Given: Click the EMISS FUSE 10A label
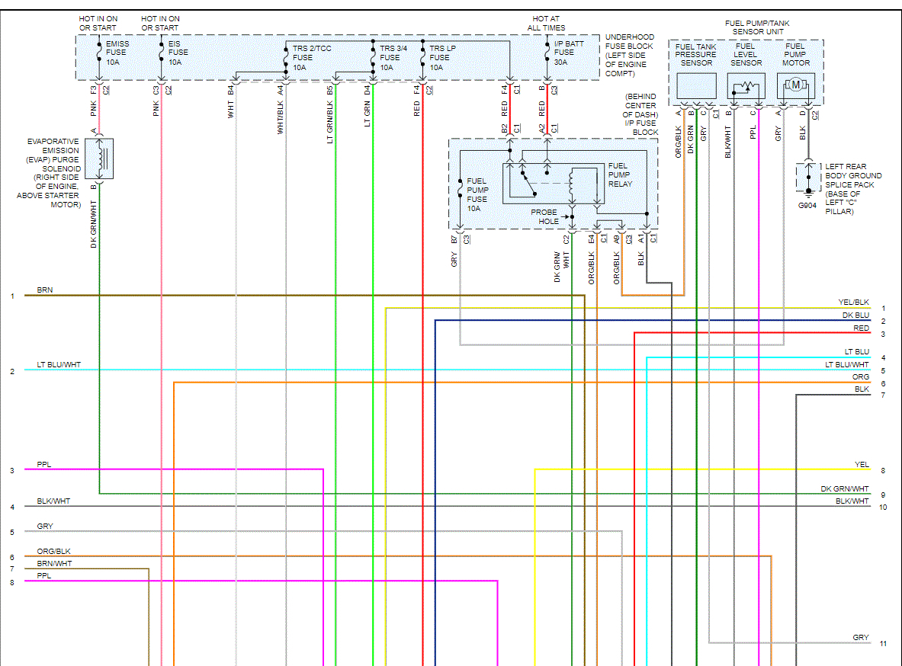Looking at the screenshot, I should tap(116, 53).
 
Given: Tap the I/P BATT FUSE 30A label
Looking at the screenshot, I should tap(570, 53).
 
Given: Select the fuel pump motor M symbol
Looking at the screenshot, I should tap(795, 85).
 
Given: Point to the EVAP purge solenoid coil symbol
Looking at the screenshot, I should tap(104, 159).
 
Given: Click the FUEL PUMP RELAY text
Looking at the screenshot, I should tap(619, 175).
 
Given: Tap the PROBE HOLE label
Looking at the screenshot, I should tap(544, 216).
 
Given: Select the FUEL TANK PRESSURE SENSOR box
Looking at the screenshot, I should tap(696, 86).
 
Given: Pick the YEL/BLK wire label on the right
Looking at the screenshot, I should tap(853, 303).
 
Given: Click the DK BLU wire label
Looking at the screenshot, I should tap(855, 315).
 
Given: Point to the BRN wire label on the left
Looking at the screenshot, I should tap(44, 290).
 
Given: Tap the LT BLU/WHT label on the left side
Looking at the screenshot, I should tap(59, 365).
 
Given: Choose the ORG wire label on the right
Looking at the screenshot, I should tap(860, 377).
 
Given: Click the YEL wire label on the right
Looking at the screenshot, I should tap(862, 464).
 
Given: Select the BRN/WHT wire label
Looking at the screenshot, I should tap(54, 564).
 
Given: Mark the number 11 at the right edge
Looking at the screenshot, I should tap(883, 643).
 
